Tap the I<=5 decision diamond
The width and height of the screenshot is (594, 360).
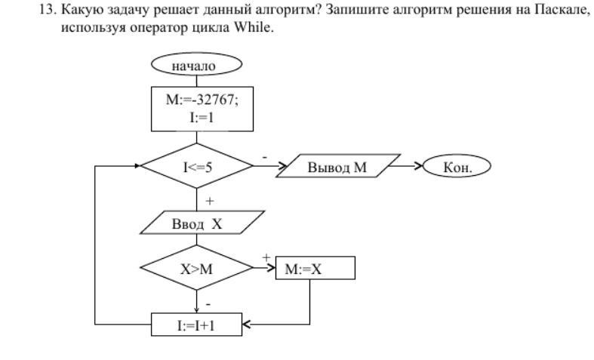point(196,167)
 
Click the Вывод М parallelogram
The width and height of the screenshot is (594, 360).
point(337,167)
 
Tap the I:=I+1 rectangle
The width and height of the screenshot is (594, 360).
point(196,325)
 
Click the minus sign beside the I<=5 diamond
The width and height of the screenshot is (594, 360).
point(264,156)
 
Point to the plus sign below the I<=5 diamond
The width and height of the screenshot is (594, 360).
point(210,201)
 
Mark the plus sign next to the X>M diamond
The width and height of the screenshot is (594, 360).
point(266,257)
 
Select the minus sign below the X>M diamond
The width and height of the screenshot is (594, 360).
point(209,302)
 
